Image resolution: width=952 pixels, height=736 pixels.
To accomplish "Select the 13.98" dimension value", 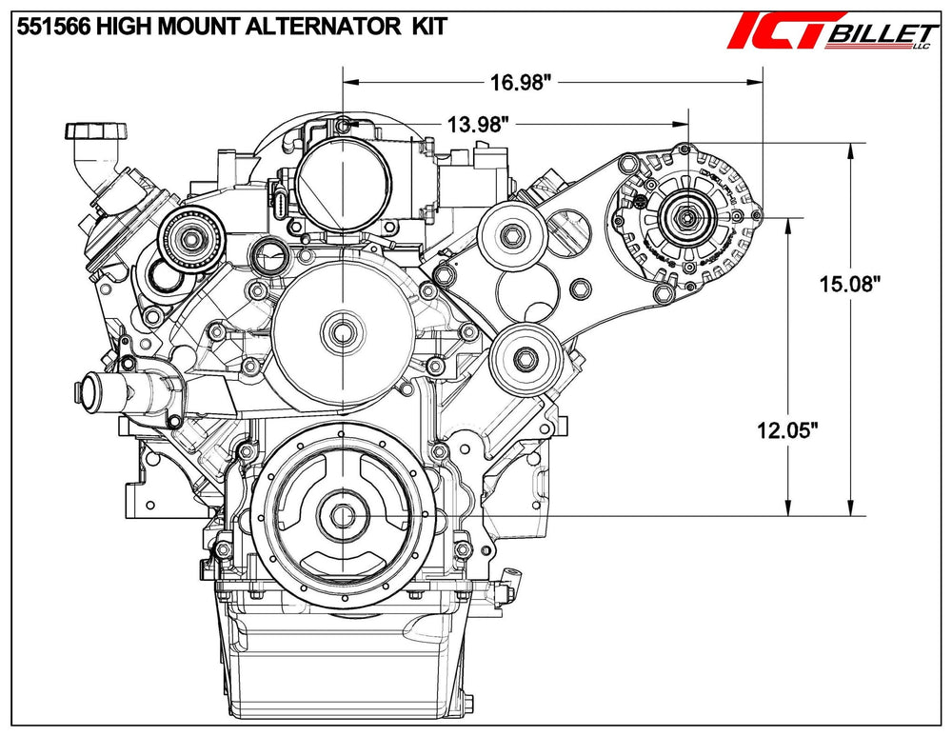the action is pos(477,125).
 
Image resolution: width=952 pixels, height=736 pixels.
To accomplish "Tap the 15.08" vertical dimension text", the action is pos(849,284).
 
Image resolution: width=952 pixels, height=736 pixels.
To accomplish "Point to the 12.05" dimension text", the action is pos(787,430).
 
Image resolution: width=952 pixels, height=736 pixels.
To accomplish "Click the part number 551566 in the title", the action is pos(52,26).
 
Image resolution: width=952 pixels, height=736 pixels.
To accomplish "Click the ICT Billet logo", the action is pos(832,31).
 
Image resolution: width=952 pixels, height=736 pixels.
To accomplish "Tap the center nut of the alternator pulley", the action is pos(686,216).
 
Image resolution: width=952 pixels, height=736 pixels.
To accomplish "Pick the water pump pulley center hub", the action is pos(343,332).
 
